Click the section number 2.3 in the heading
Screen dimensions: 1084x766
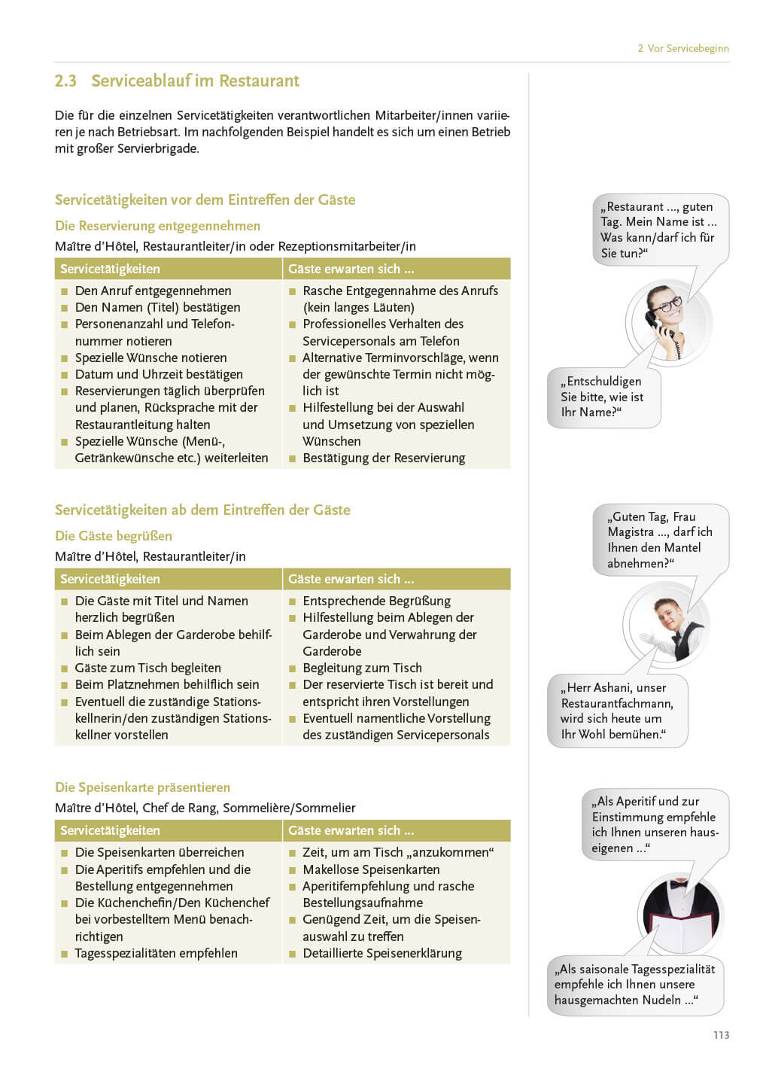(x=65, y=81)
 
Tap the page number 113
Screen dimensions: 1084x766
(x=721, y=1035)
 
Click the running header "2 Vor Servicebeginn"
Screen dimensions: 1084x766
(x=682, y=48)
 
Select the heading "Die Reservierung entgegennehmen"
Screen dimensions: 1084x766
(x=157, y=226)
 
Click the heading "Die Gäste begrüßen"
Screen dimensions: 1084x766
(x=113, y=536)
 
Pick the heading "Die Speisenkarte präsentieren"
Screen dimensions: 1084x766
(x=142, y=787)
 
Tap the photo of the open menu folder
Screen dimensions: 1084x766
(x=680, y=915)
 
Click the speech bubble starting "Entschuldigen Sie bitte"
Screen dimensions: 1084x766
(x=603, y=397)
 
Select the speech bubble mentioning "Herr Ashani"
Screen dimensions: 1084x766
(x=617, y=711)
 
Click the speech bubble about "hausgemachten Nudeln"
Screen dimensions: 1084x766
(x=634, y=985)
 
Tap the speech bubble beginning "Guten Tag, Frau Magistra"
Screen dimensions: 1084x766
(x=659, y=540)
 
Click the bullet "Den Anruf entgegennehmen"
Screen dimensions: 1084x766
(x=153, y=291)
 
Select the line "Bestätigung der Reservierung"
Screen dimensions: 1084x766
(x=384, y=458)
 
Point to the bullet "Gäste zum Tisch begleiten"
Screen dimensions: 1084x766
(x=147, y=668)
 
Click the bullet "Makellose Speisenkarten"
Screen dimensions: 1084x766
(x=371, y=869)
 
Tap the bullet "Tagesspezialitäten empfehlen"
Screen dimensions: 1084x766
(x=156, y=953)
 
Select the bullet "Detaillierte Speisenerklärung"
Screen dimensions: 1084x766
(x=382, y=953)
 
